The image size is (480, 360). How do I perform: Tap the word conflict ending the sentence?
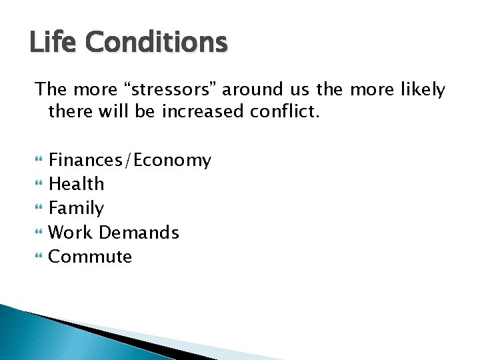pyautogui.click(x=285, y=111)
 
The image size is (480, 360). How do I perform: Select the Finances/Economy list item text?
pyautogui.click(x=130, y=161)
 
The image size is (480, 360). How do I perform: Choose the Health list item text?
pyautogui.click(x=77, y=184)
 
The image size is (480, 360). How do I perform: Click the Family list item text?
pyautogui.click(x=77, y=209)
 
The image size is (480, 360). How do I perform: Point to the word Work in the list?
pyautogui.click(x=71, y=233)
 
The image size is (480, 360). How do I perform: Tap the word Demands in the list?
pyautogui.click(x=139, y=233)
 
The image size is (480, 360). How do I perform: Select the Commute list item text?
pyautogui.click(x=91, y=257)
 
